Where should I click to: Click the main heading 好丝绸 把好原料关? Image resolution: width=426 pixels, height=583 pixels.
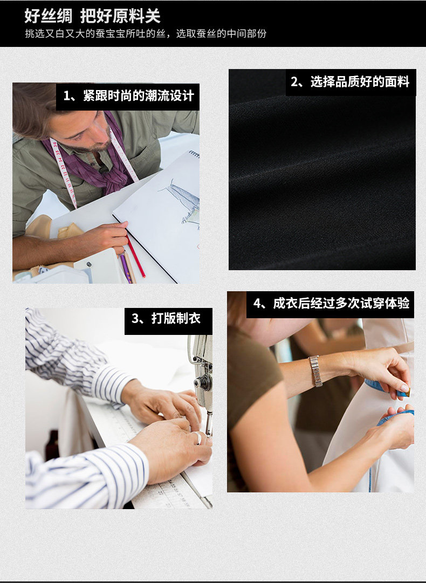[93, 16]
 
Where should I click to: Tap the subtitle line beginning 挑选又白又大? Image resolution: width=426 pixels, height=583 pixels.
[146, 34]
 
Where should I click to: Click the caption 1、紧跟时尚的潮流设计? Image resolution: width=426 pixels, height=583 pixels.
[129, 96]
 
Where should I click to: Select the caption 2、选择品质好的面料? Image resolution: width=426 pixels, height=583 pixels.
[350, 81]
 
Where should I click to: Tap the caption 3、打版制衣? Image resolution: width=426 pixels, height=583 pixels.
[166, 318]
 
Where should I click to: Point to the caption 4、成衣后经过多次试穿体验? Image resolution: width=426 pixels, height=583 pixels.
[331, 304]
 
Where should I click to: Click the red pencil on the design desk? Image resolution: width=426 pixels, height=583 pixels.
[135, 256]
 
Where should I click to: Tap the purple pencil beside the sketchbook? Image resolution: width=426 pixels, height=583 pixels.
[125, 269]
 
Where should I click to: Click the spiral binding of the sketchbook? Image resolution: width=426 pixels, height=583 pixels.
[194, 154]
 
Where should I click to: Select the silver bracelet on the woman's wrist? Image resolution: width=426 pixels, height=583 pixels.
[315, 371]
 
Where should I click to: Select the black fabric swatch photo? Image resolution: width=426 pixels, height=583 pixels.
[322, 169]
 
